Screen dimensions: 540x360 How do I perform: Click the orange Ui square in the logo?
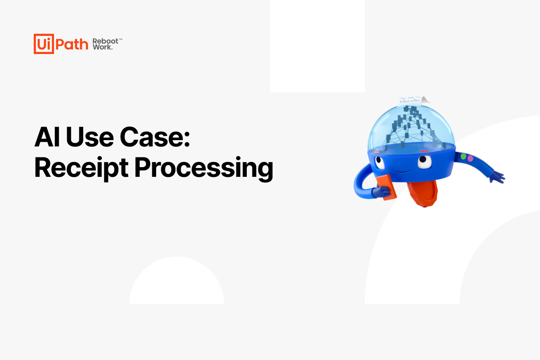point(43,44)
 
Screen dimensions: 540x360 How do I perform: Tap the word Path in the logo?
point(72,44)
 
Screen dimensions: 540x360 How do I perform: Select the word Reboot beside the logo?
point(105,41)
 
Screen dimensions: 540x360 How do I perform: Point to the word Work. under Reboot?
point(103,47)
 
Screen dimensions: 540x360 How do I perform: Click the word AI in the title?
point(47,137)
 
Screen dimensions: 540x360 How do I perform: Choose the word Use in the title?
point(90,137)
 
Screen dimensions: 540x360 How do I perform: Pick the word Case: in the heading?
point(155,137)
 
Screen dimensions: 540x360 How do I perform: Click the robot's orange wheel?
point(422,193)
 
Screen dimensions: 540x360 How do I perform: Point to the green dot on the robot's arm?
point(463,156)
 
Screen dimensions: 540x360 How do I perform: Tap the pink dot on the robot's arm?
point(470,158)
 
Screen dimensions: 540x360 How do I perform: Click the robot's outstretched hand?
point(497,177)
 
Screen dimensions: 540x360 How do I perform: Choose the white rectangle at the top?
point(317,46)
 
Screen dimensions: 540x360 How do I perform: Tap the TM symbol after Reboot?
point(121,39)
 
